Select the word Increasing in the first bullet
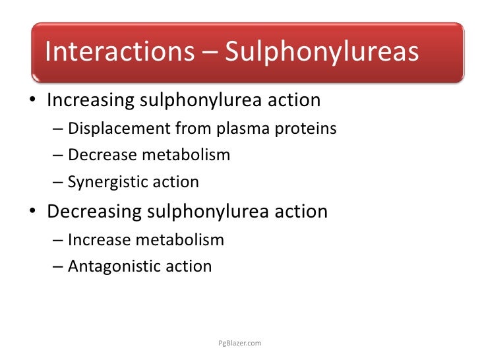89,100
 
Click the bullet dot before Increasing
32,102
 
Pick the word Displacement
114,129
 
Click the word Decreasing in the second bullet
94,212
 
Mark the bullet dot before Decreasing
32,213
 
